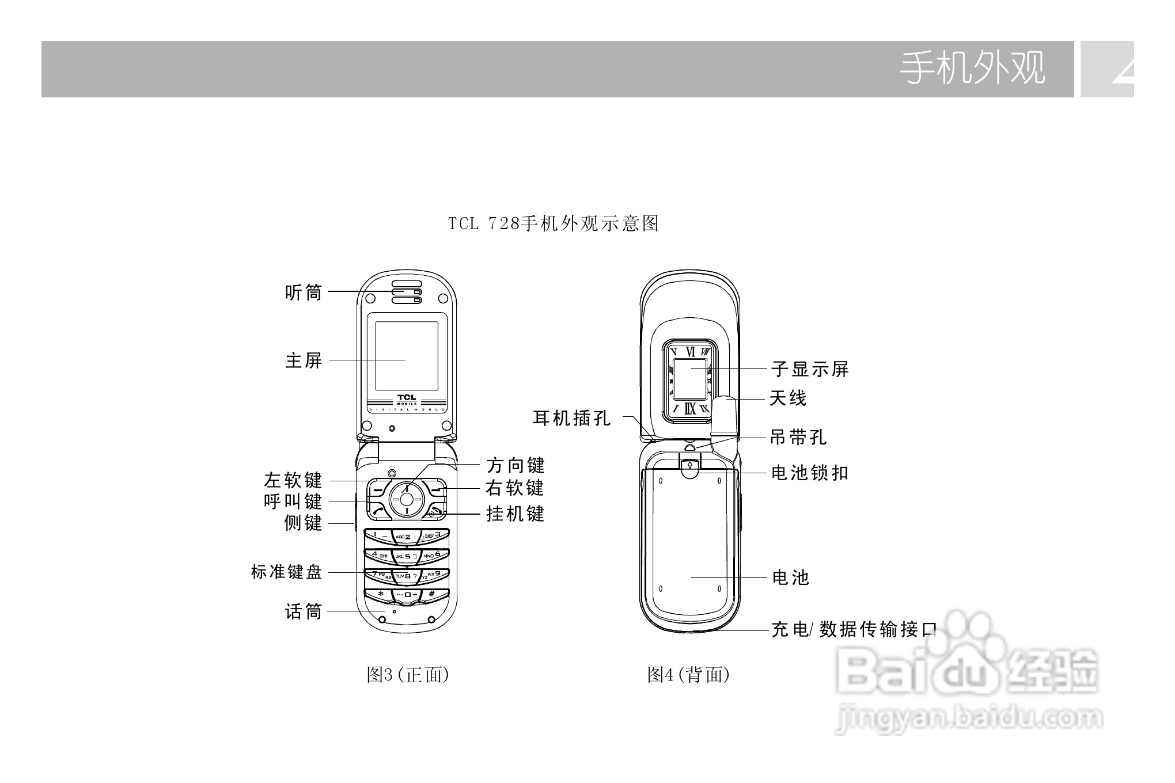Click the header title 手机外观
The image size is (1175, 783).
[x=972, y=69]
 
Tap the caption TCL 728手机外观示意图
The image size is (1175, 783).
[x=554, y=223]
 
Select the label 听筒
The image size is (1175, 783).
[x=304, y=292]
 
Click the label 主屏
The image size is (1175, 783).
[x=304, y=361]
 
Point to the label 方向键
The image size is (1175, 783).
[x=516, y=465]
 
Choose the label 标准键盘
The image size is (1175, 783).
[x=286, y=572]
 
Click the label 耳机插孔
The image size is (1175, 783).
[x=571, y=418]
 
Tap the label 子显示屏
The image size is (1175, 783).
[x=810, y=369]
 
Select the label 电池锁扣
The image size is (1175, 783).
[x=810, y=473]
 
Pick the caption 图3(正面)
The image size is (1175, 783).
[x=408, y=674]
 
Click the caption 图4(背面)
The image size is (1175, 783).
[x=688, y=674]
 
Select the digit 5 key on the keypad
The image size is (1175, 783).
[x=407, y=557]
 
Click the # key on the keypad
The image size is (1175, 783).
[x=432, y=594]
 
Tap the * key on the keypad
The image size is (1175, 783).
[x=380, y=594]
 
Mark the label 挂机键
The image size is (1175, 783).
[x=516, y=514]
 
